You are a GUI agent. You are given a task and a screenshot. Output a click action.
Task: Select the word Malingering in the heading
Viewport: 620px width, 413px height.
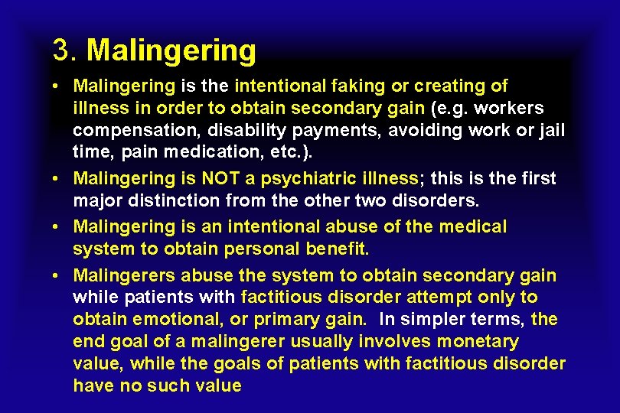[x=171, y=51]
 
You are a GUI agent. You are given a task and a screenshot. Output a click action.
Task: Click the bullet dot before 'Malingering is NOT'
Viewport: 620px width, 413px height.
[x=58, y=179]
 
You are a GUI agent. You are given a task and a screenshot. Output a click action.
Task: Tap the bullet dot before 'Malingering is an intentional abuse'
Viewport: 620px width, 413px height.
[x=58, y=227]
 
